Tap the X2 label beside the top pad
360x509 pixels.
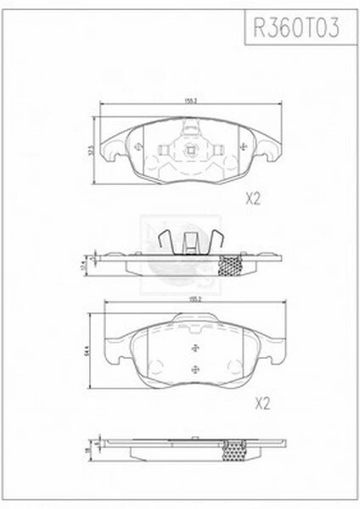(252, 199)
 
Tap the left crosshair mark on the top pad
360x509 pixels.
(139, 148)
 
